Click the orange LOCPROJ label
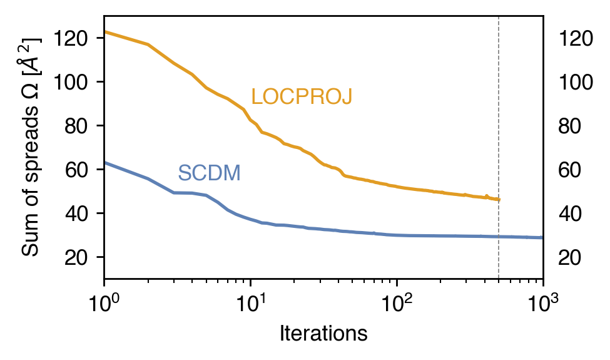pos(302,96)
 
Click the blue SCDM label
pos(210,173)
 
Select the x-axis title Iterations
pos(323,334)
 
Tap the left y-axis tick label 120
pos(71,38)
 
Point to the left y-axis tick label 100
pos(71,82)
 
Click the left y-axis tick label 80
pos(76,126)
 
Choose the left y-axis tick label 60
pos(76,170)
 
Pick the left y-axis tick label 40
pos(76,213)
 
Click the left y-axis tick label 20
pos(76,257)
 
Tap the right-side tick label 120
pos(576,38)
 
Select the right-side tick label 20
pos(570,257)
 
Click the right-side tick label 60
pos(570,170)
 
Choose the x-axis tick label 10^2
pos(396,303)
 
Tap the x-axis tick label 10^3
pos(542,303)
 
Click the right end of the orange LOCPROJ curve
pos(499,200)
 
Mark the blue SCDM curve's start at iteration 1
pos(104,163)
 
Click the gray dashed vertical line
pos(499,147)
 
